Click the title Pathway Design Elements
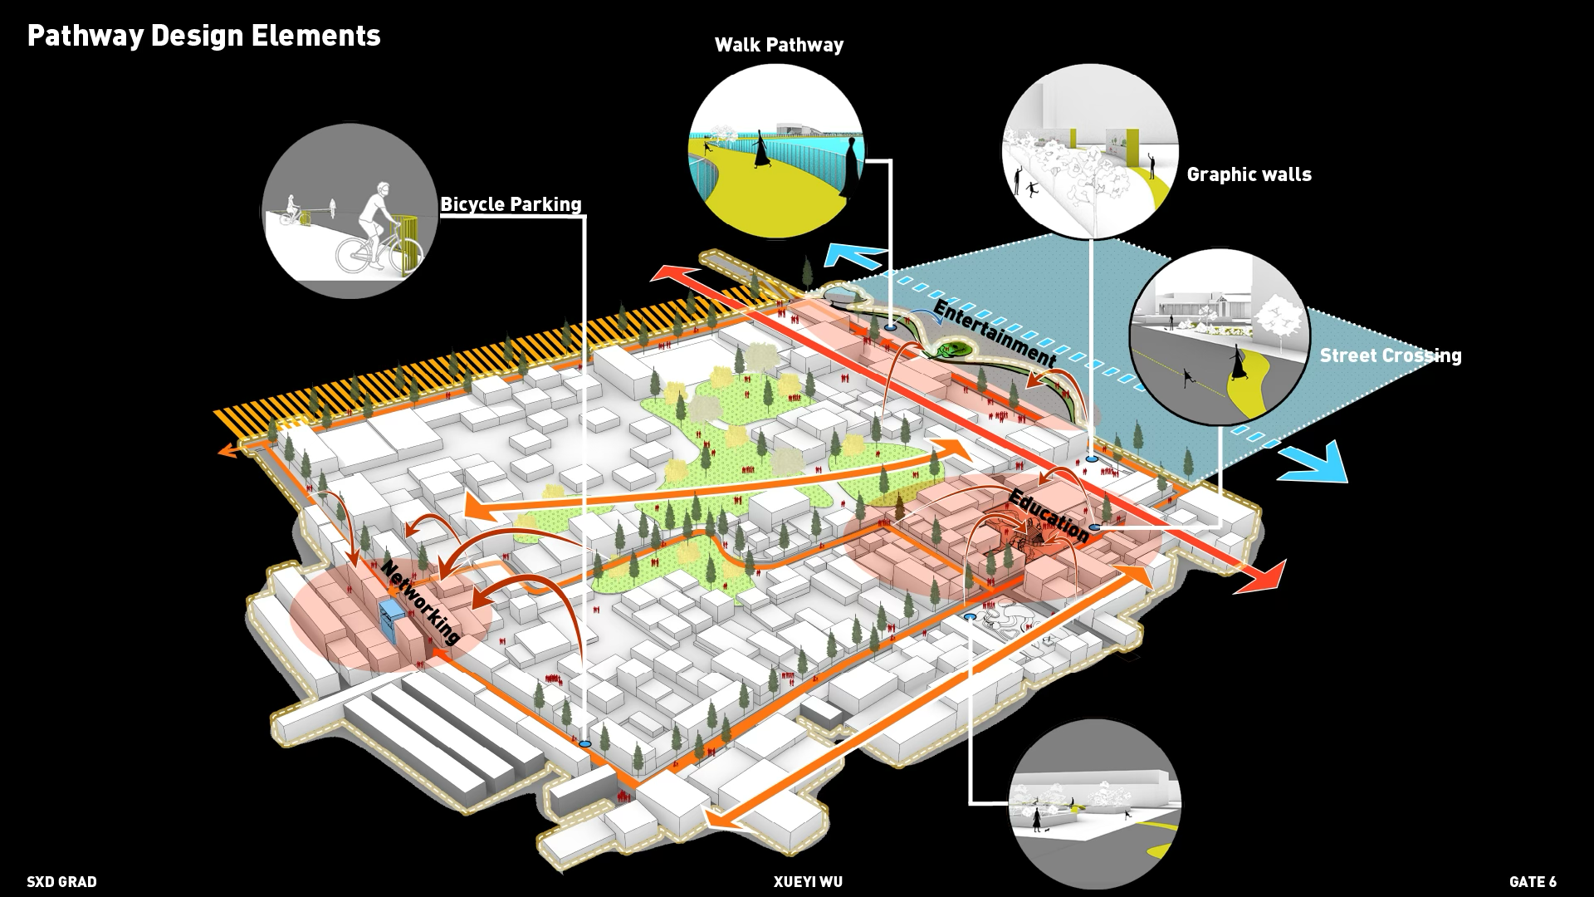tap(203, 36)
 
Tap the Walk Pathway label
tap(779, 45)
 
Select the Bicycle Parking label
tap(511, 204)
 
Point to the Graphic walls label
tap(1249, 174)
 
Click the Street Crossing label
tap(1390, 355)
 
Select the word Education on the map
tap(1048, 516)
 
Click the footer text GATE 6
tap(1533, 882)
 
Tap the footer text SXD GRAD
tap(61, 882)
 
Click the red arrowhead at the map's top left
tap(664, 273)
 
